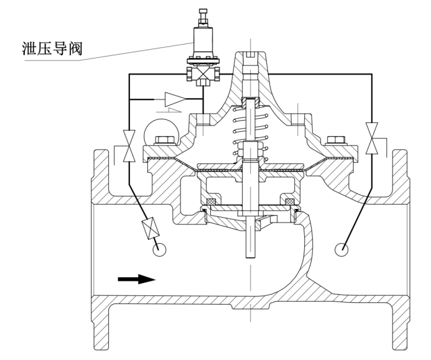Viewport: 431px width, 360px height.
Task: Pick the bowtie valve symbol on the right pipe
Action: pyautogui.click(x=373, y=138)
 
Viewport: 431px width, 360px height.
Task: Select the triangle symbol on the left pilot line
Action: pyautogui.click(x=176, y=98)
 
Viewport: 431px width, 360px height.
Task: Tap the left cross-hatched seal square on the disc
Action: pyautogui.click(x=211, y=201)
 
